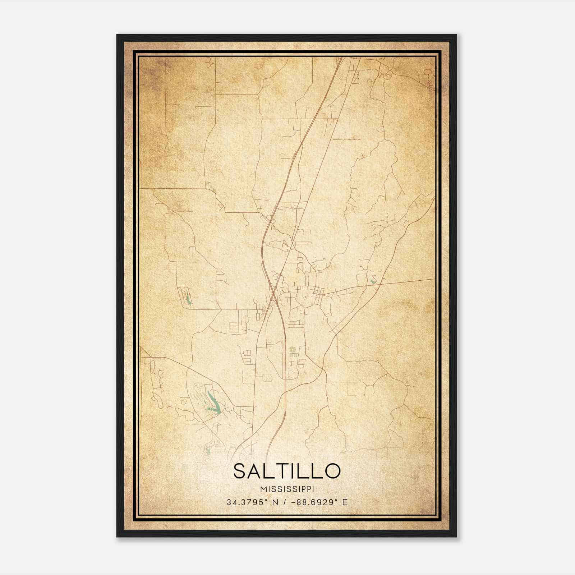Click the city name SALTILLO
click(287, 471)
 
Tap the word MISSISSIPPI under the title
click(287, 489)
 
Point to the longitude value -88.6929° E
click(319, 502)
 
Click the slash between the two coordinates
click(285, 502)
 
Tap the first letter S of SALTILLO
click(240, 471)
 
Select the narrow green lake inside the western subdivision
click(187, 299)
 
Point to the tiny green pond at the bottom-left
click(208, 451)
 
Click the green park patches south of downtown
click(293, 349)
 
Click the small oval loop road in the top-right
click(427, 72)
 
